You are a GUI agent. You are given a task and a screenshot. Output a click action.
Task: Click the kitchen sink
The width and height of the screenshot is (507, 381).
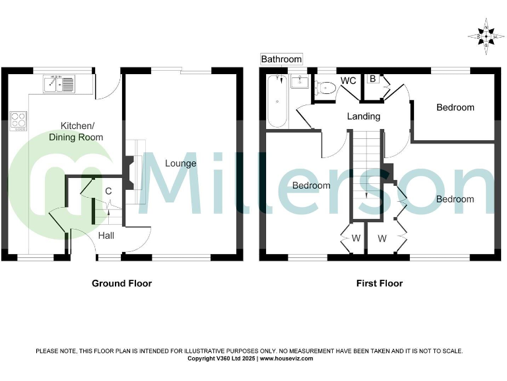(x=60, y=84)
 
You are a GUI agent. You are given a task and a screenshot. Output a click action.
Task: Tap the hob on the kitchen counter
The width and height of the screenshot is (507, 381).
(x=18, y=120)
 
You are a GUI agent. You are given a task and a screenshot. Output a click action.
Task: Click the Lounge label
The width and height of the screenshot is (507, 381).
(x=180, y=163)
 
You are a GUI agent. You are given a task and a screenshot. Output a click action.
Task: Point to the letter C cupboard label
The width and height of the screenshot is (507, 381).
(x=108, y=192)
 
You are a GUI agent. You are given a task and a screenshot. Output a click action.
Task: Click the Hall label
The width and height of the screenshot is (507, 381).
(x=106, y=235)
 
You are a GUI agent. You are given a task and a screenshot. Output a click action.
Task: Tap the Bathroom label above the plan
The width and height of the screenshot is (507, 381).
(x=281, y=60)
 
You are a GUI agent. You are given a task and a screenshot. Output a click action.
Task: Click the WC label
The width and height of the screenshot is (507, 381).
(x=348, y=81)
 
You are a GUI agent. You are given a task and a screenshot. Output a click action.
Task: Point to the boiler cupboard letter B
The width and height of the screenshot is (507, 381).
(x=372, y=79)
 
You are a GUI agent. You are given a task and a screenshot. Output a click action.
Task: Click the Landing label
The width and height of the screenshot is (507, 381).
(x=364, y=116)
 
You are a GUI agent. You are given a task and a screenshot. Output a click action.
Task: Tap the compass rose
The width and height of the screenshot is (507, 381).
(x=486, y=36)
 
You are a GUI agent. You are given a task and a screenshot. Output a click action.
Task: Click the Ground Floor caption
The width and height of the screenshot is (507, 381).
(x=121, y=283)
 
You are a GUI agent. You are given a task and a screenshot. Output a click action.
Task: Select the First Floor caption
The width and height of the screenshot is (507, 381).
(x=380, y=283)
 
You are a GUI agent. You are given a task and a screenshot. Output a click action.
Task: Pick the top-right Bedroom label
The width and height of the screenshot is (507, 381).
(x=455, y=107)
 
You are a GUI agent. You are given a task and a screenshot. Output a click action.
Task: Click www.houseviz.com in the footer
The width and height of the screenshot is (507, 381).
(x=286, y=359)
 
